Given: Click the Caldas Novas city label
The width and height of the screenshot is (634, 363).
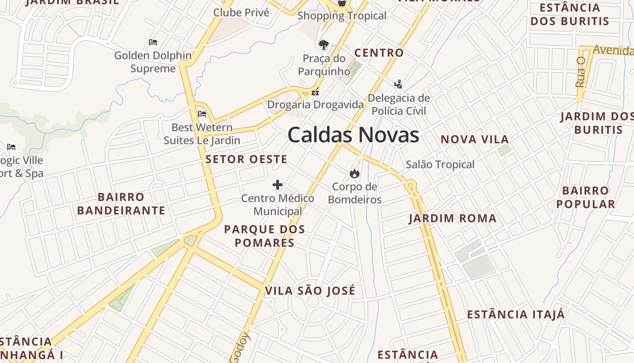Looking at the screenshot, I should coord(353,135).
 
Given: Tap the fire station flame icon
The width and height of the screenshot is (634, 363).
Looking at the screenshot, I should coord(354,173).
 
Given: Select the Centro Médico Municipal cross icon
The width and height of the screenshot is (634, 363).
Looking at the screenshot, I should coord(278,185).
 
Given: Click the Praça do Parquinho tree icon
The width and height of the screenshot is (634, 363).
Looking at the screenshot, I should coord(323,44).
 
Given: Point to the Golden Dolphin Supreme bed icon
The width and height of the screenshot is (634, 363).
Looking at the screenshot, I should coord(153,42).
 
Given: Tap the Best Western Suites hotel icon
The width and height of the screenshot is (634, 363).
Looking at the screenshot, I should coord(202,114).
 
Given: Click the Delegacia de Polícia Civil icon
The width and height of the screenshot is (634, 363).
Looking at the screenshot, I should coord(398,84).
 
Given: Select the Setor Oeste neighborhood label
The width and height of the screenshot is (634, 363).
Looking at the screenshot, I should coord(246,159).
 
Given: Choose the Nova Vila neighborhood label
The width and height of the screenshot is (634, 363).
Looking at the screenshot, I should coord(475,139).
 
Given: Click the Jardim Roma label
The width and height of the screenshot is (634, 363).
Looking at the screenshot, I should coord(452,219).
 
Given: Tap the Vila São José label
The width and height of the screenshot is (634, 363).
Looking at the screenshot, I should coord(310,291).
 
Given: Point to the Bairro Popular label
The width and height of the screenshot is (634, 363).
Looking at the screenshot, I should coord(586,197).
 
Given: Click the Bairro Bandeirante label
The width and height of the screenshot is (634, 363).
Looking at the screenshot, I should coord(121,204).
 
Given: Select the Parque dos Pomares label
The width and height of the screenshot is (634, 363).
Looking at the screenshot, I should coord(264,236).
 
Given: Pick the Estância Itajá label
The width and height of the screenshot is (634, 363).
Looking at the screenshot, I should coord(516,314).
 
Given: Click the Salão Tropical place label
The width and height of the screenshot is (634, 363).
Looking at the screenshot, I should coord(440,165).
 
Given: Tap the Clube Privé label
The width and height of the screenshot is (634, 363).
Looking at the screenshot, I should coord(241,12).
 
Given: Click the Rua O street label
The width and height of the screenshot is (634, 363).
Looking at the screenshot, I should coord(581,72).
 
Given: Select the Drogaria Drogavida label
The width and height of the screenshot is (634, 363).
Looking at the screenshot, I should coord(315,105).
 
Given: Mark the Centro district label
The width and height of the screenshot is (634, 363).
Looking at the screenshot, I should coord(379,53).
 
